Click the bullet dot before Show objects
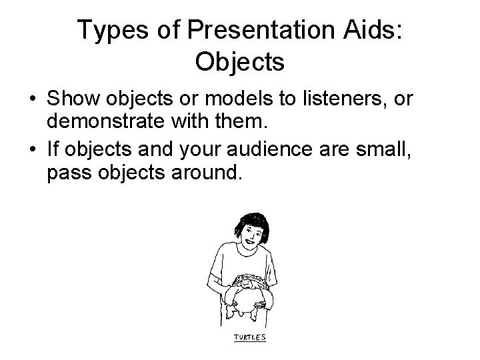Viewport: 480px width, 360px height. click(32, 101)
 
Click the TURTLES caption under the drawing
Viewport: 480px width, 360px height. click(249, 337)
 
